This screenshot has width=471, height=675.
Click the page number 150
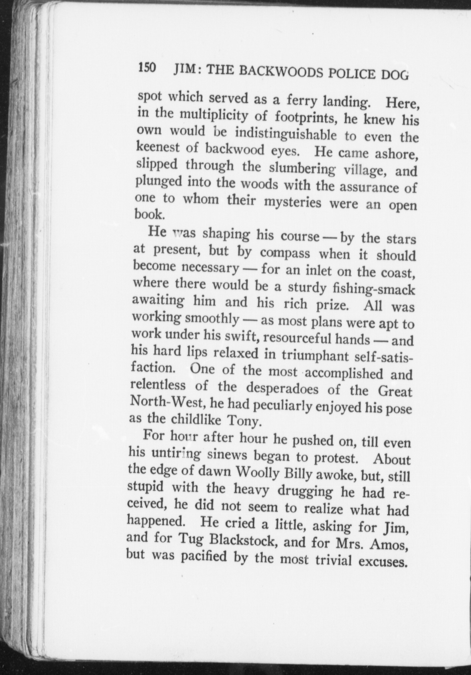coord(147,67)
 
